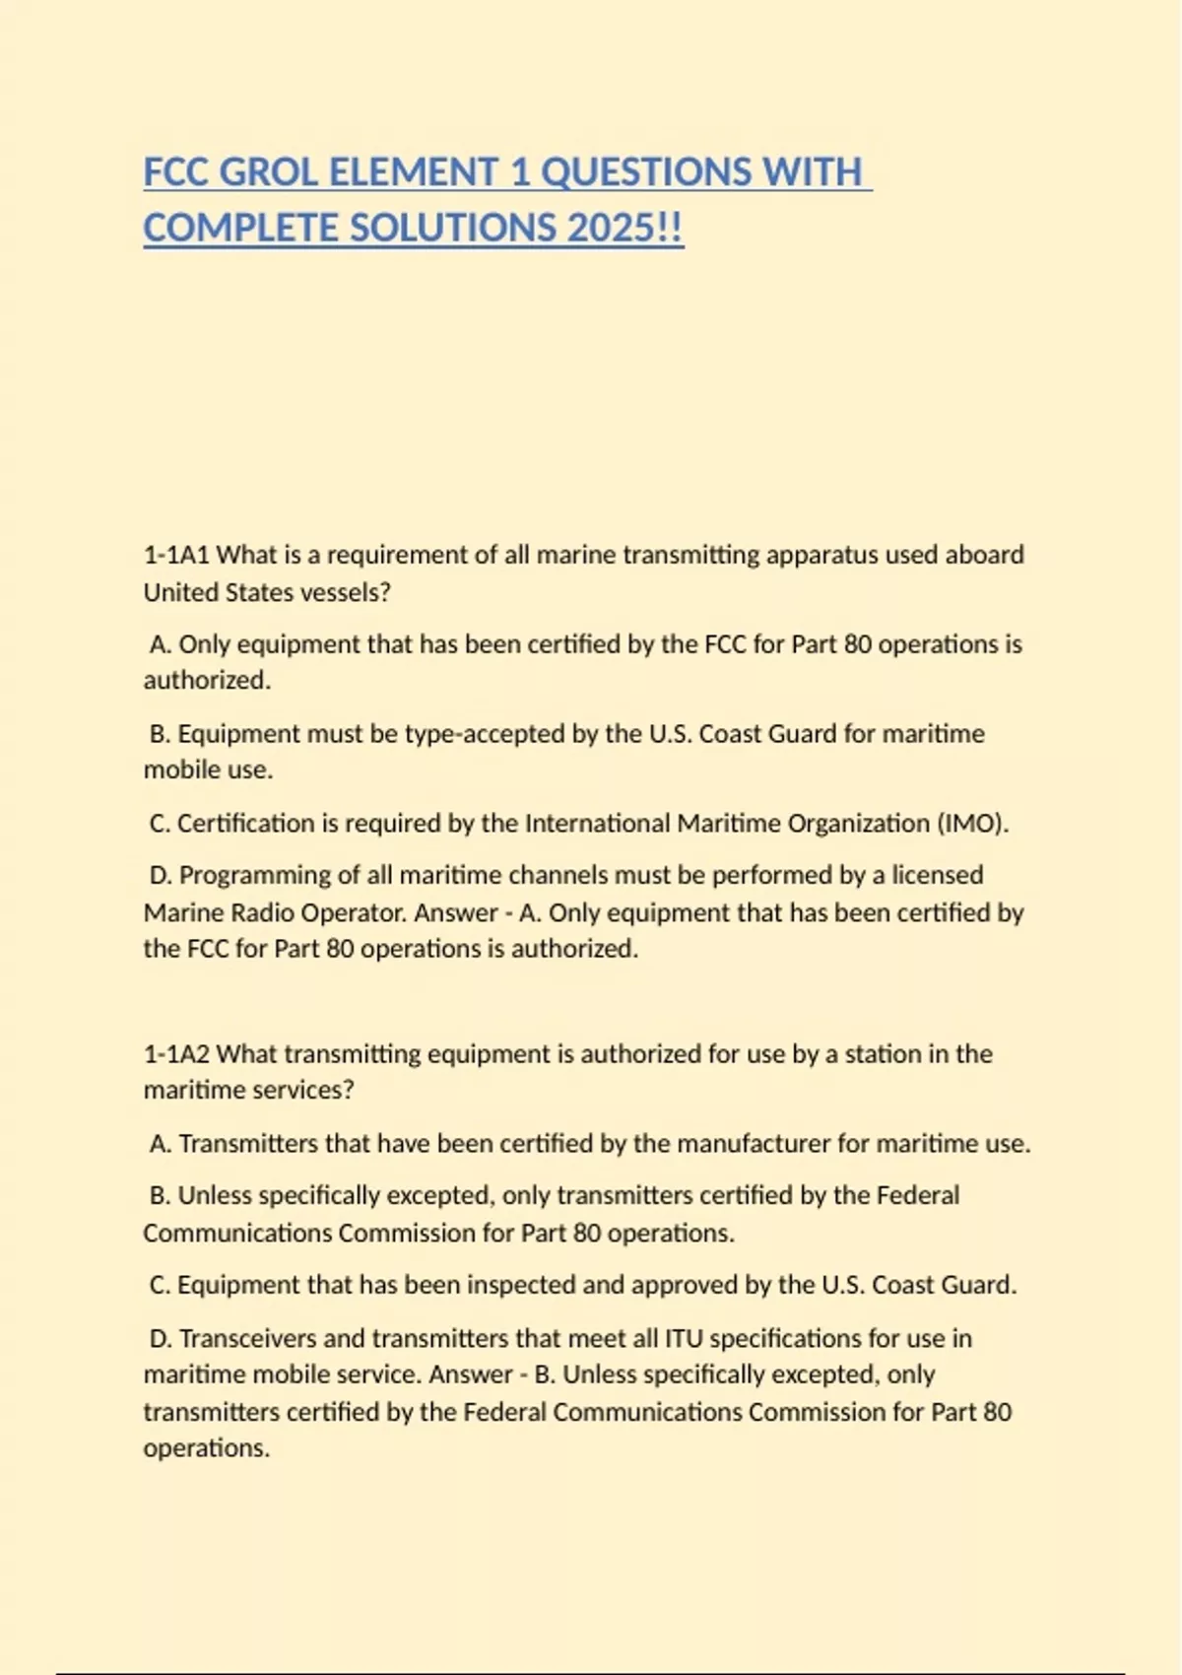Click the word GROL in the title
(x=268, y=172)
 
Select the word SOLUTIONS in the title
(x=453, y=229)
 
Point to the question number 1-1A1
(x=176, y=555)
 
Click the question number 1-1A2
(x=176, y=1053)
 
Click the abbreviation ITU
(x=683, y=1338)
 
